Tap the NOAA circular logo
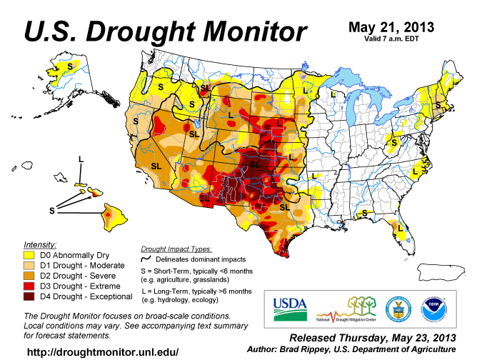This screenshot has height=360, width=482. pos(435,309)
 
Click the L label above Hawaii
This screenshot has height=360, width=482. pos(81,159)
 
